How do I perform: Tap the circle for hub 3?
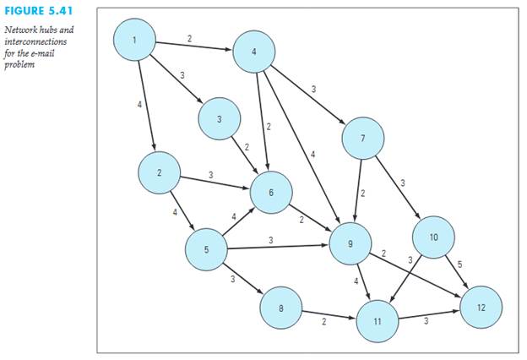[219, 120]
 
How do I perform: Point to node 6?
[271, 194]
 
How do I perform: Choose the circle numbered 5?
[206, 248]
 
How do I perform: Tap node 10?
[433, 237]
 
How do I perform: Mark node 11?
[378, 319]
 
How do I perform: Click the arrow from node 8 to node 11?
[329, 314]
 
